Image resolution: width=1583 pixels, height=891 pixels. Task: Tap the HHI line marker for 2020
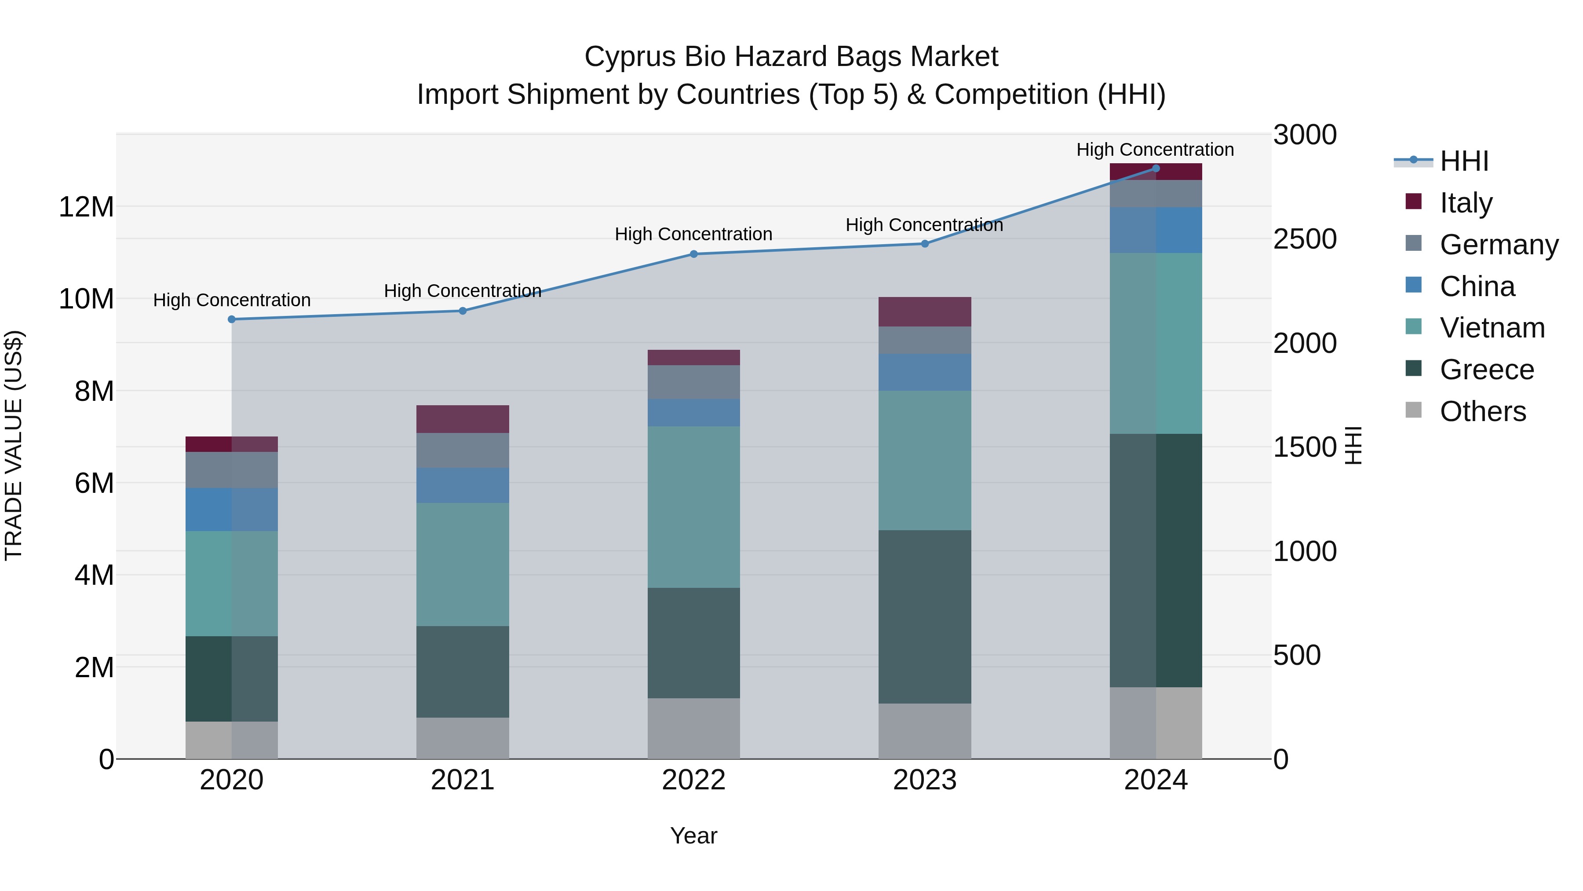[232, 319]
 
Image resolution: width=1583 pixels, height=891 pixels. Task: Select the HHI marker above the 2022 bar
[694, 254]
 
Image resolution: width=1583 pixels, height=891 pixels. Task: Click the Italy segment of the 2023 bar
[925, 312]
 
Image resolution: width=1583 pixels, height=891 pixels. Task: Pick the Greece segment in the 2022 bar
[694, 642]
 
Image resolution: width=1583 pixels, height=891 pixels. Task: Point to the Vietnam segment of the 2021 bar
[463, 565]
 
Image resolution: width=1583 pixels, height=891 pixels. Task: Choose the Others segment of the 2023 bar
[925, 731]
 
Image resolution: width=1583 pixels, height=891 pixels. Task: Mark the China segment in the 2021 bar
[463, 485]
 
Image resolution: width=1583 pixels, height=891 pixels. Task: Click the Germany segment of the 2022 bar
[694, 382]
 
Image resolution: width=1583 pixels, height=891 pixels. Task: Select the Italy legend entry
[1466, 203]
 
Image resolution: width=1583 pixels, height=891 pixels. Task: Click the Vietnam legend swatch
[1413, 326]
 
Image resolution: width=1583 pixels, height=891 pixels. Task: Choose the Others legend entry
[1482, 411]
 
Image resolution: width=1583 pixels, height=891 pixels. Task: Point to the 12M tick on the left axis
[86, 207]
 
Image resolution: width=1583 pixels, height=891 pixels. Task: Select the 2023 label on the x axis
[925, 780]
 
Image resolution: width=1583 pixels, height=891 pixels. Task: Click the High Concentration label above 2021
[463, 291]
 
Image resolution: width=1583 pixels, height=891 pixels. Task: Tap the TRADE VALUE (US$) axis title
[14, 445]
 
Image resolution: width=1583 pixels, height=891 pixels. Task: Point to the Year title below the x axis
[694, 836]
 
